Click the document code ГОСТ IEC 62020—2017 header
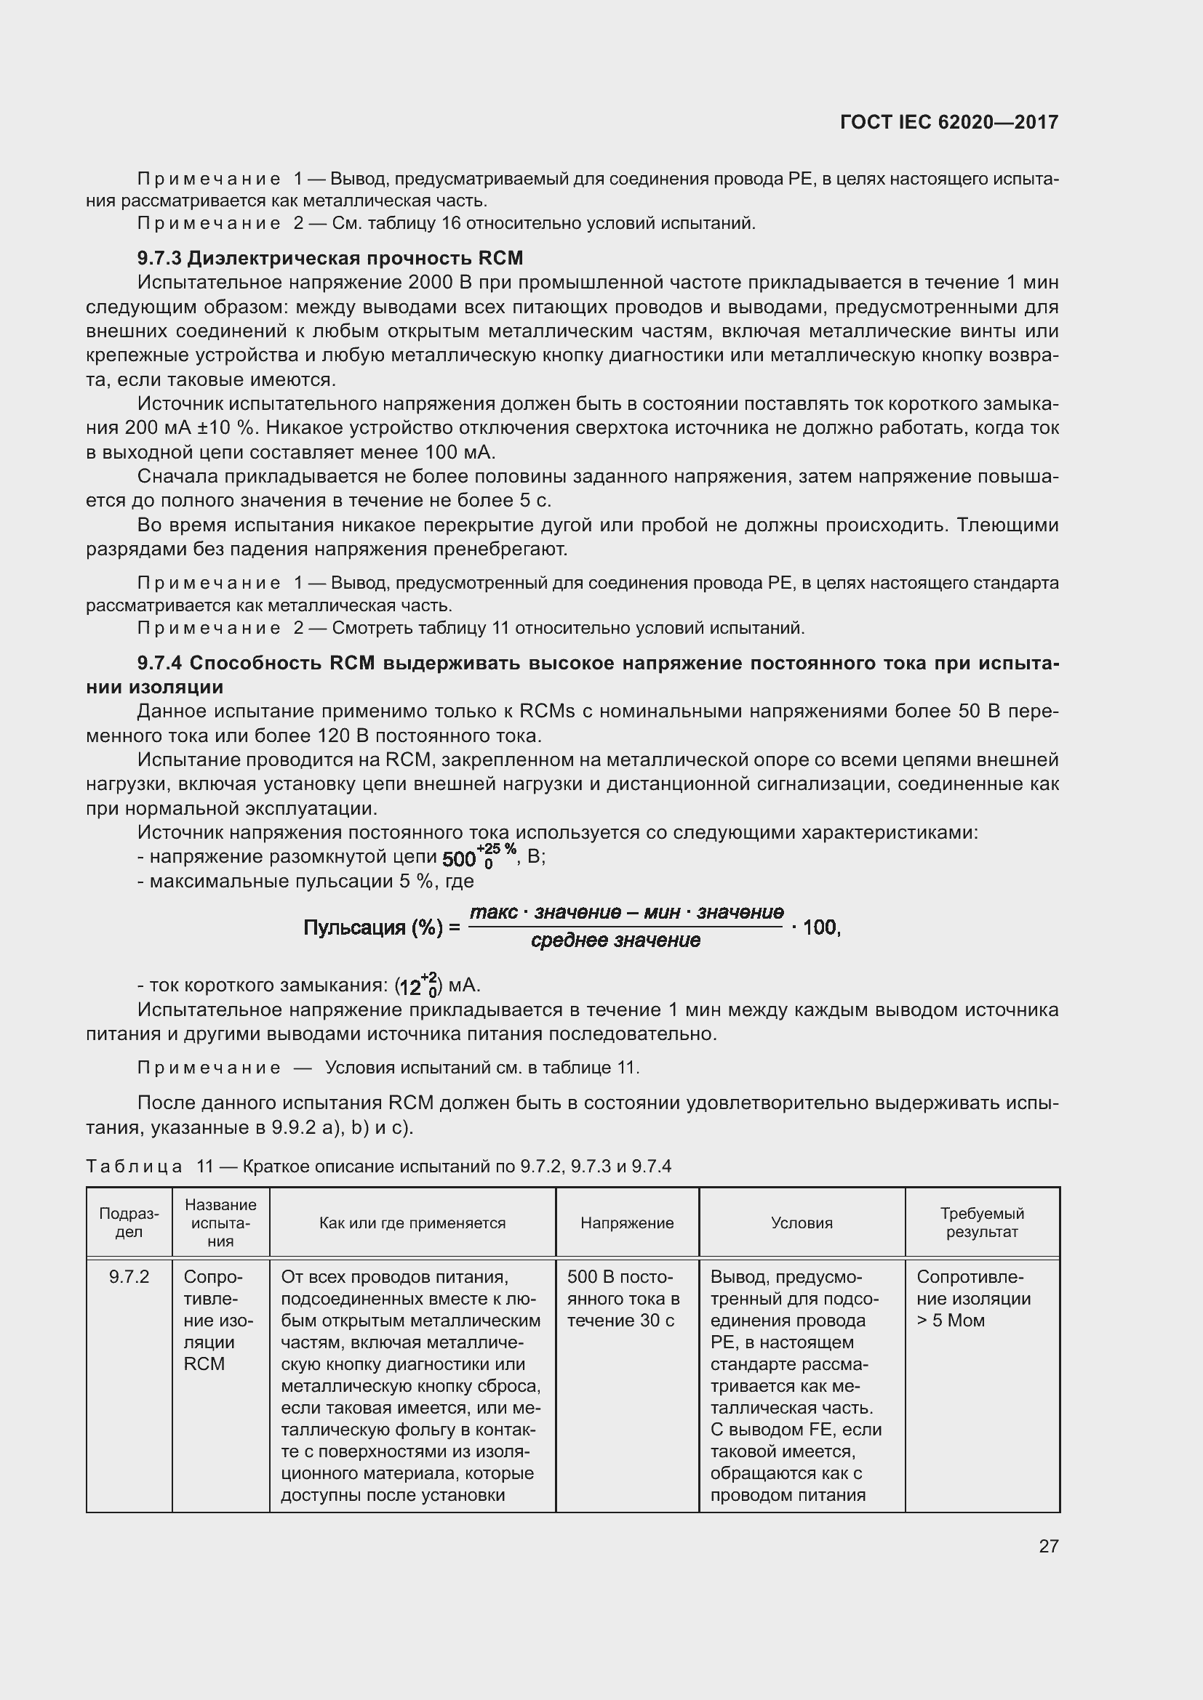click(x=949, y=122)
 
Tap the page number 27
click(x=1048, y=1545)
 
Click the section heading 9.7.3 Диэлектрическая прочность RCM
click(x=330, y=258)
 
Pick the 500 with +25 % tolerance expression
click(x=479, y=857)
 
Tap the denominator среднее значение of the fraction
click(x=615, y=941)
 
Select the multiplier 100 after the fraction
click(x=819, y=927)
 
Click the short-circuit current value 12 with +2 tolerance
click(x=418, y=986)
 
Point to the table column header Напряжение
click(x=627, y=1222)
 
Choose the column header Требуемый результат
click(x=981, y=1222)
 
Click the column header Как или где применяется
click(x=412, y=1222)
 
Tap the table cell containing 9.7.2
click(x=129, y=1276)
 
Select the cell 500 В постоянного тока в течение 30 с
click(x=623, y=1298)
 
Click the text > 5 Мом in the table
click(x=951, y=1320)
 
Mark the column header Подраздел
click(x=129, y=1222)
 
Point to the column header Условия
click(x=802, y=1222)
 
